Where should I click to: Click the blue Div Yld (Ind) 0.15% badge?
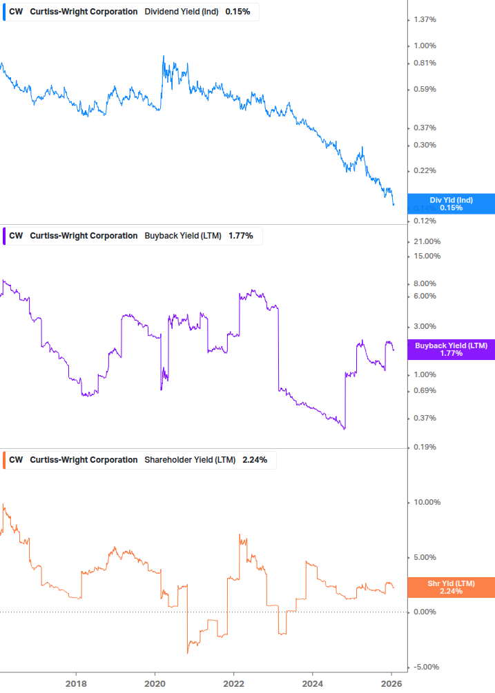click(x=451, y=203)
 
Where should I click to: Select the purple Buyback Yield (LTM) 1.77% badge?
click(x=451, y=349)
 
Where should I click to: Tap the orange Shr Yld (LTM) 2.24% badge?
click(x=451, y=587)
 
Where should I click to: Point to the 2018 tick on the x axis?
click(x=76, y=684)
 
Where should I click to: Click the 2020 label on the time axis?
click(x=155, y=684)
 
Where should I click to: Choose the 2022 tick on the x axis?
click(x=234, y=684)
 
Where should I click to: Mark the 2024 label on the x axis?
click(x=313, y=684)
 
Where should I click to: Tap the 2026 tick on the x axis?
click(x=391, y=684)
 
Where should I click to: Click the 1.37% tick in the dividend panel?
click(x=425, y=19)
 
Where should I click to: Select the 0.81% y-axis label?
click(x=425, y=63)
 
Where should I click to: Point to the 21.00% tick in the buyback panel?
click(x=427, y=241)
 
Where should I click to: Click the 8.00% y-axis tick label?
click(x=425, y=283)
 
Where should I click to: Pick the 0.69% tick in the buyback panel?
click(x=425, y=390)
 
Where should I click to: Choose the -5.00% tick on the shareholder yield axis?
click(x=426, y=667)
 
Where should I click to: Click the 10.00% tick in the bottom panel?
click(x=427, y=502)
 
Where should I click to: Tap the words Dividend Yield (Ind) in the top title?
click(x=182, y=12)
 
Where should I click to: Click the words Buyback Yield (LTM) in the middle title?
click(x=183, y=236)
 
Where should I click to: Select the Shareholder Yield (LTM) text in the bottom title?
click(x=190, y=460)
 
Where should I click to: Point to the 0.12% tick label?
click(x=425, y=221)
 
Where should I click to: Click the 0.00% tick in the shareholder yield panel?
click(x=425, y=612)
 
